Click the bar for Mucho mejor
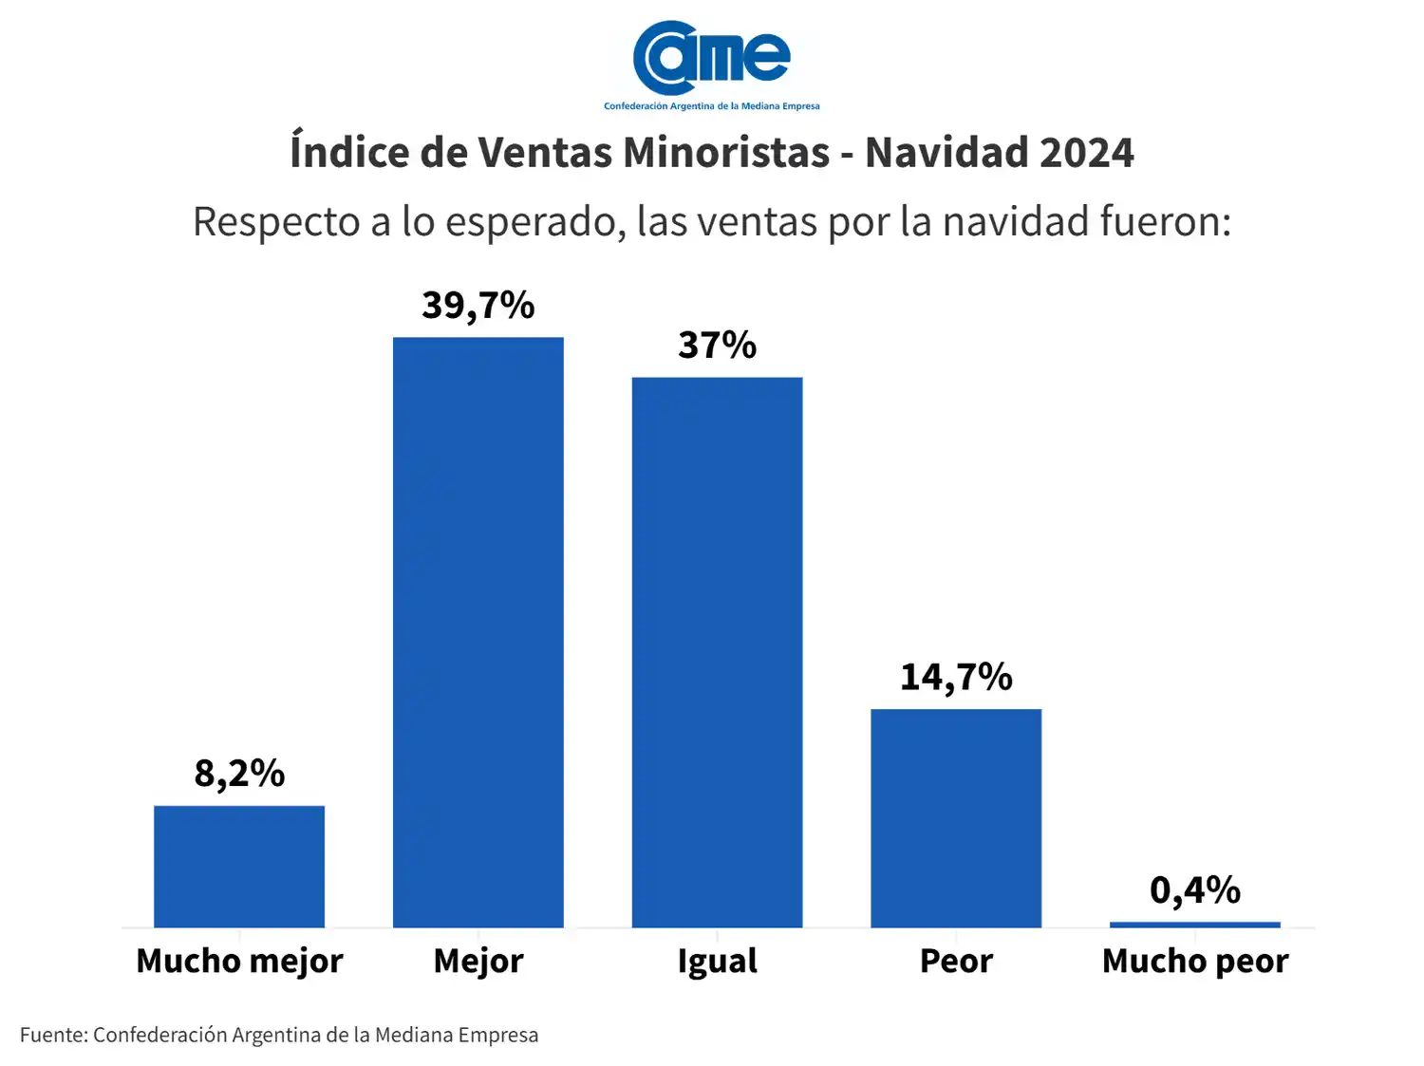239,866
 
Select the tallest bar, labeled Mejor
478,632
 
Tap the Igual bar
717,652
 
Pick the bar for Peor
956,817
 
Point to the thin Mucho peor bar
1194,925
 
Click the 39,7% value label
478,306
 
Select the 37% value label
717,346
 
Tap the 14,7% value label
956,678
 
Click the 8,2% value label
239,774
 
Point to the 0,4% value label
1194,890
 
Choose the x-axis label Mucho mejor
239,962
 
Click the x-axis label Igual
717,962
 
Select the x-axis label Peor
956,962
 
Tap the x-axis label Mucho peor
1194,962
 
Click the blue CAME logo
711,57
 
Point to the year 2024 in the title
1086,153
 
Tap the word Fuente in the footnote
53,1035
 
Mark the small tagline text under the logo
711,106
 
